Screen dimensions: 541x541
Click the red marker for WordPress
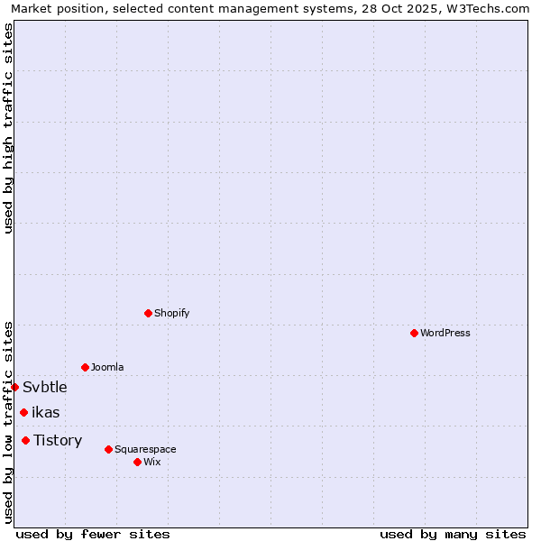click(x=414, y=333)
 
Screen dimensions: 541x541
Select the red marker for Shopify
click(x=148, y=313)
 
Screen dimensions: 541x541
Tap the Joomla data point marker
click(x=85, y=367)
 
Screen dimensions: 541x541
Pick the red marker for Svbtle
click(x=15, y=387)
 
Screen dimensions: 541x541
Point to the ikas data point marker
click(x=23, y=412)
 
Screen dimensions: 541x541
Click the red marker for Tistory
click(x=25, y=440)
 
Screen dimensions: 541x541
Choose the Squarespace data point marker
click(x=108, y=449)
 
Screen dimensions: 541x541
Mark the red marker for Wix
click(x=137, y=462)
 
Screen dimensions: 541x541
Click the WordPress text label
click(x=445, y=333)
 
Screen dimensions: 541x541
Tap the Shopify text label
click(x=172, y=313)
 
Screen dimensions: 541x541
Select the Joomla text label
click(x=107, y=367)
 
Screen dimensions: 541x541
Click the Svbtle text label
click(x=45, y=387)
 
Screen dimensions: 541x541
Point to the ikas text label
click(x=46, y=412)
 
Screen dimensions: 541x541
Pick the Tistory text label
click(x=58, y=440)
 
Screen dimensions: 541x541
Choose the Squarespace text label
click(x=145, y=449)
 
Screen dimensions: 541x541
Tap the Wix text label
click(x=152, y=462)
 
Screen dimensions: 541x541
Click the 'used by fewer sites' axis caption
click(x=93, y=534)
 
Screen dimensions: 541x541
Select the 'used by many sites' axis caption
click(x=453, y=534)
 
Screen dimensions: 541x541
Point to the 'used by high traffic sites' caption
click(x=8, y=128)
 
